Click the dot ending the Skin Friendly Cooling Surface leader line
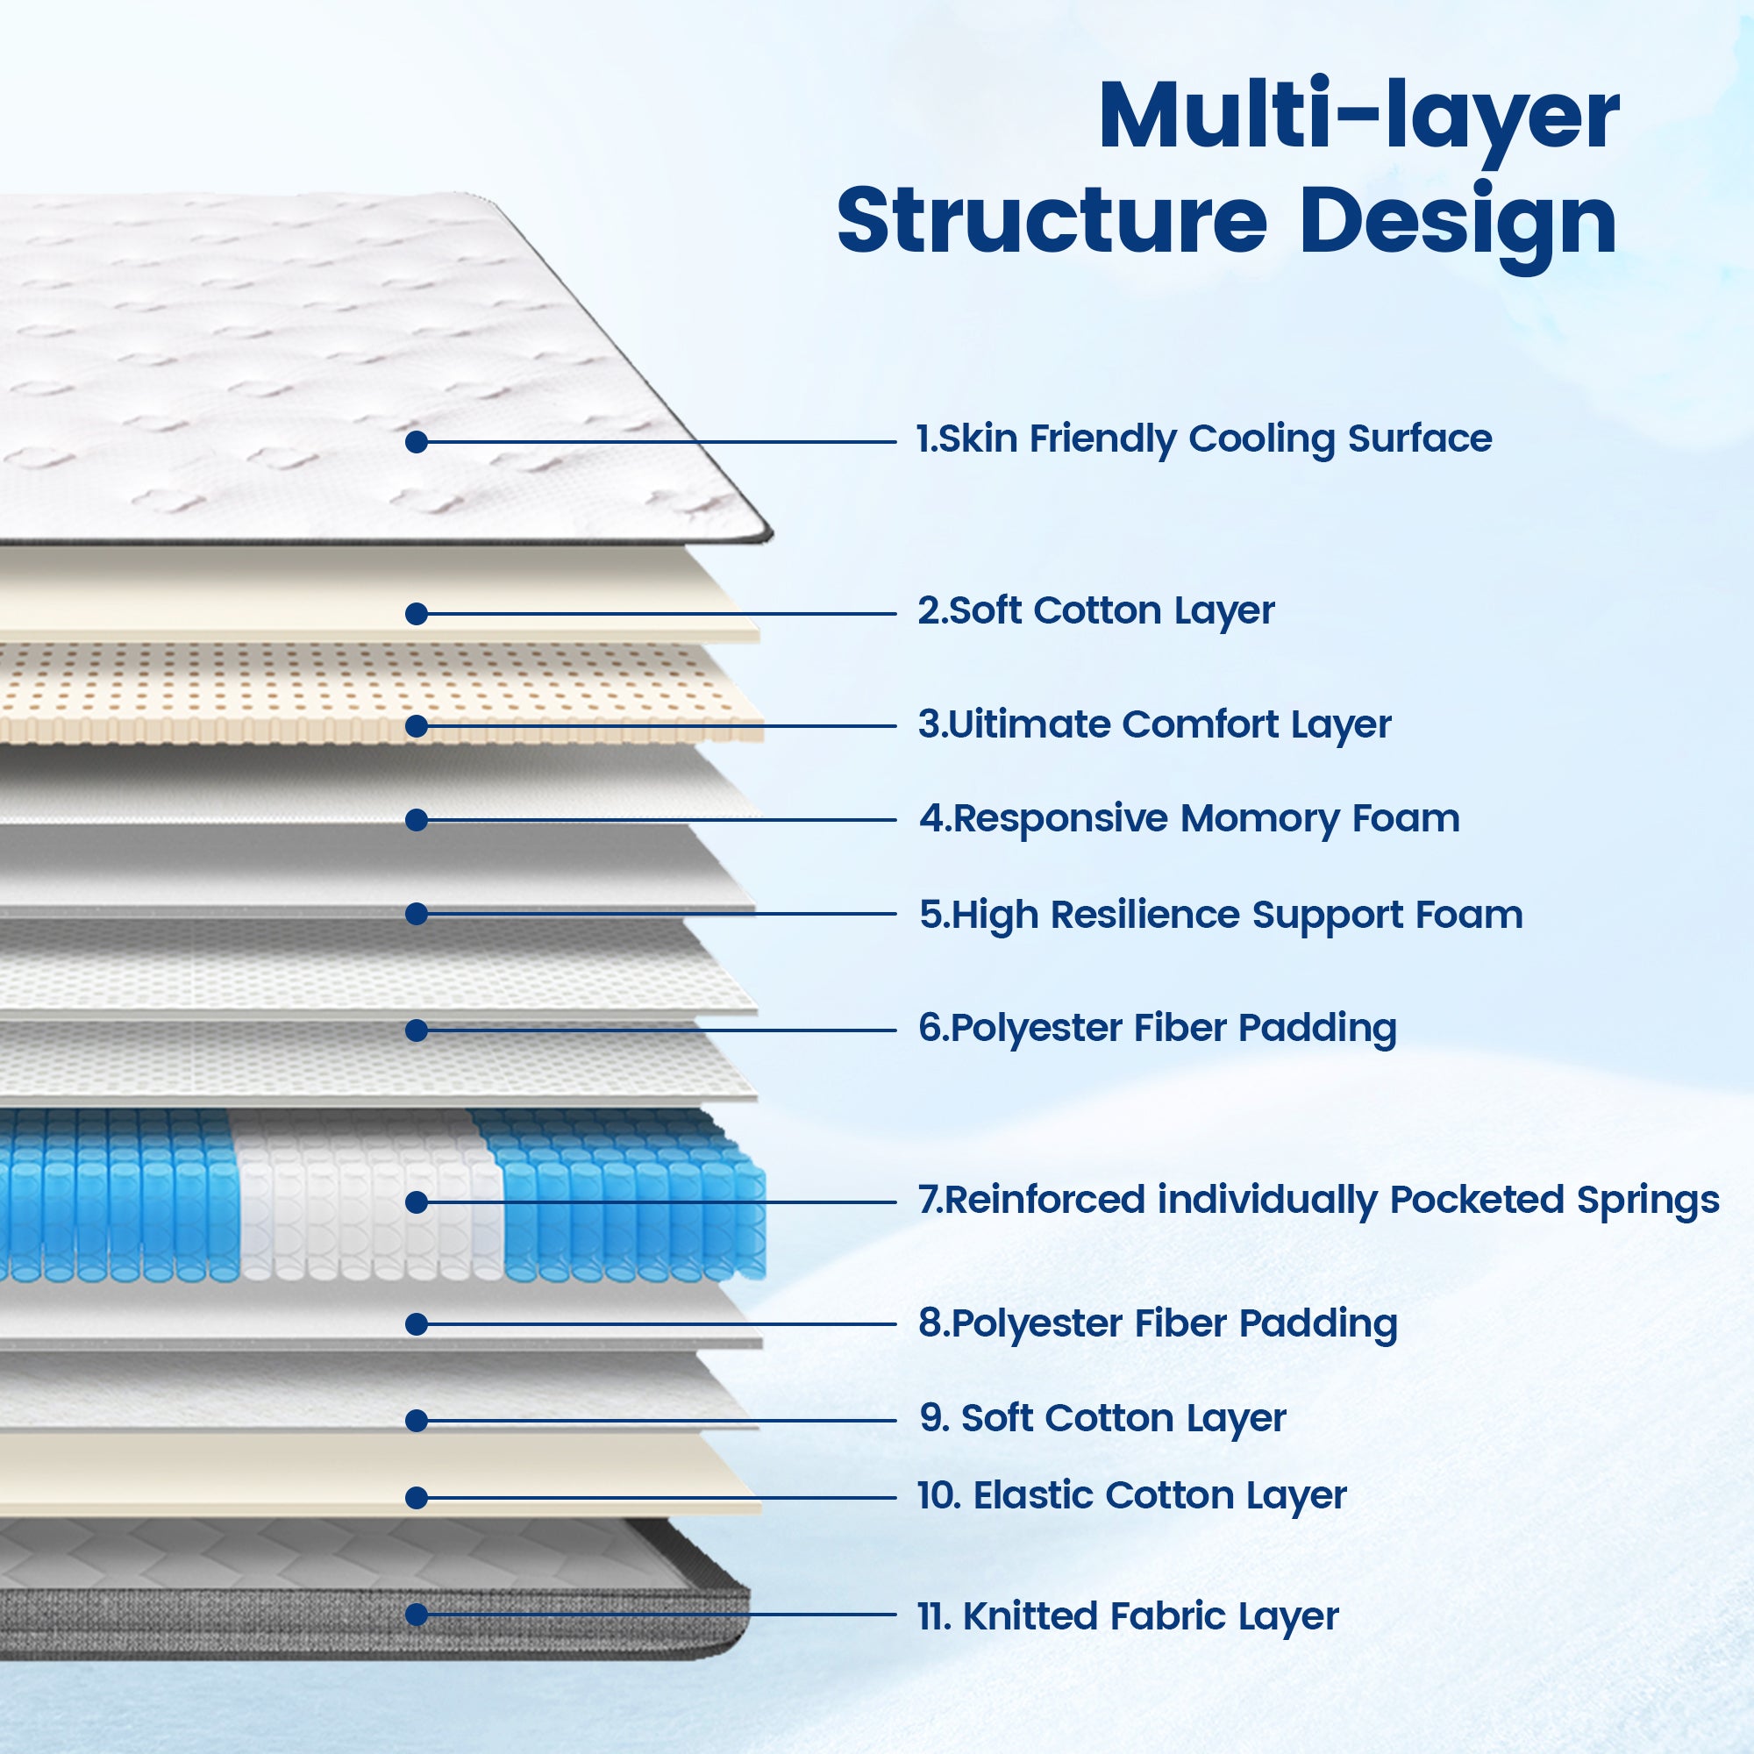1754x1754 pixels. click(x=417, y=442)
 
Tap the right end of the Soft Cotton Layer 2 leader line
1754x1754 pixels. click(x=896, y=614)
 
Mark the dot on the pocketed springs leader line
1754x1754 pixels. click(x=417, y=1203)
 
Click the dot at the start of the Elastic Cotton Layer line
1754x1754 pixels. click(x=417, y=1498)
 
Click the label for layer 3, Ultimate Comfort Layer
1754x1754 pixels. click(x=1154, y=725)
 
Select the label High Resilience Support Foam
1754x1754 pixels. click(x=1221, y=915)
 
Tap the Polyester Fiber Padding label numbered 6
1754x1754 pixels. click(x=1158, y=1029)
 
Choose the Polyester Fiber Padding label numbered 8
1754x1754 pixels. click(x=1158, y=1324)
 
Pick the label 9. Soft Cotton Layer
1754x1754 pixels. click(x=1103, y=1419)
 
